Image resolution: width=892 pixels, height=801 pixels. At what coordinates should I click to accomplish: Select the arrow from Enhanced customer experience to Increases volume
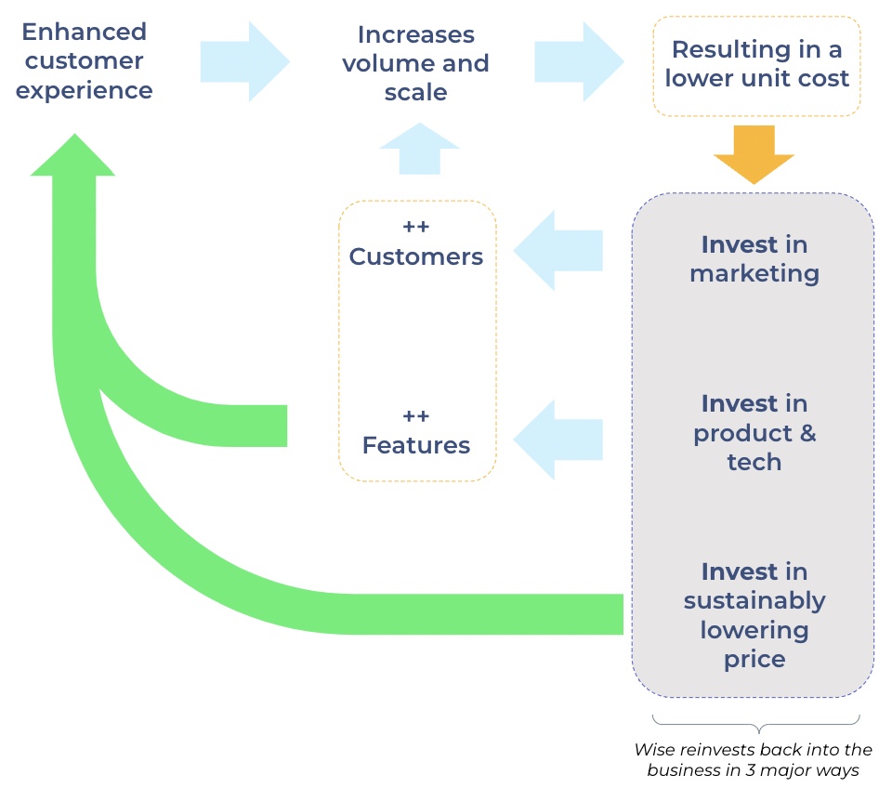244,61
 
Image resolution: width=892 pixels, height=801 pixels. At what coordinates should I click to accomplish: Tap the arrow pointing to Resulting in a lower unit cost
579,61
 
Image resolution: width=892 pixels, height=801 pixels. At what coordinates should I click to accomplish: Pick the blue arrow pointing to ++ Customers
558,251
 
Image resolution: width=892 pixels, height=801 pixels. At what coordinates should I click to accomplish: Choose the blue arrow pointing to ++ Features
558,440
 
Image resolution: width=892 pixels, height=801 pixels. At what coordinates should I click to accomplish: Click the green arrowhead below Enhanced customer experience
72,156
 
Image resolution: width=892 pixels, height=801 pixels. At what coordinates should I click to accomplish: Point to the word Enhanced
84,32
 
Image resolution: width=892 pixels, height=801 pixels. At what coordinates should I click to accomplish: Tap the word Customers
416,256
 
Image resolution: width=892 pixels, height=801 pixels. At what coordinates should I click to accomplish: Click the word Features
416,445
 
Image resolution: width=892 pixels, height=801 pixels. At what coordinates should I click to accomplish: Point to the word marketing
754,274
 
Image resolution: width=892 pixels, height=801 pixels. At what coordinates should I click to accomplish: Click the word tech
754,462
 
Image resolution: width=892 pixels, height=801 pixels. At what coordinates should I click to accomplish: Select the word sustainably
754,600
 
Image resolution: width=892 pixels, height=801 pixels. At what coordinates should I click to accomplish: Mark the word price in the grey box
754,660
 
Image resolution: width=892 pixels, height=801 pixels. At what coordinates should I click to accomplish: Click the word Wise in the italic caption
653,749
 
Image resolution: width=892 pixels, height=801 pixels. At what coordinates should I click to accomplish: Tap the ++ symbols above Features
416,416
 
